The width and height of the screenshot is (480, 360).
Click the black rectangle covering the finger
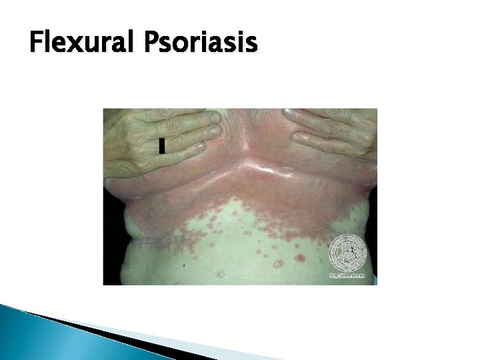coord(161,146)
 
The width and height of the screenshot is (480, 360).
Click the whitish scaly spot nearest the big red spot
coord(278,264)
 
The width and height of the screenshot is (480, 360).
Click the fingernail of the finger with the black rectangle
coord(200,145)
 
